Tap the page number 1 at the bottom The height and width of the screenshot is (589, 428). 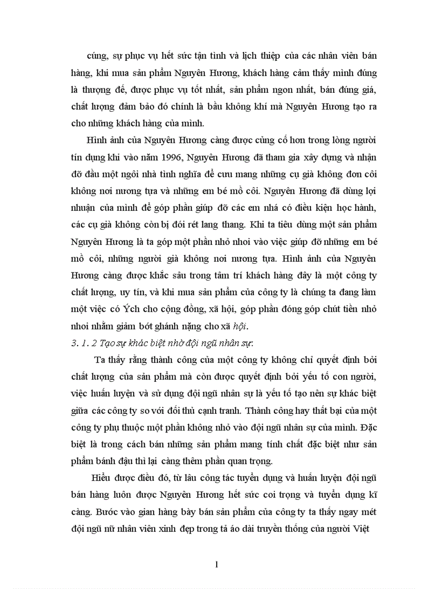[x=216, y=565]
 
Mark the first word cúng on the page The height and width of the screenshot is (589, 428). [x=97, y=56]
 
